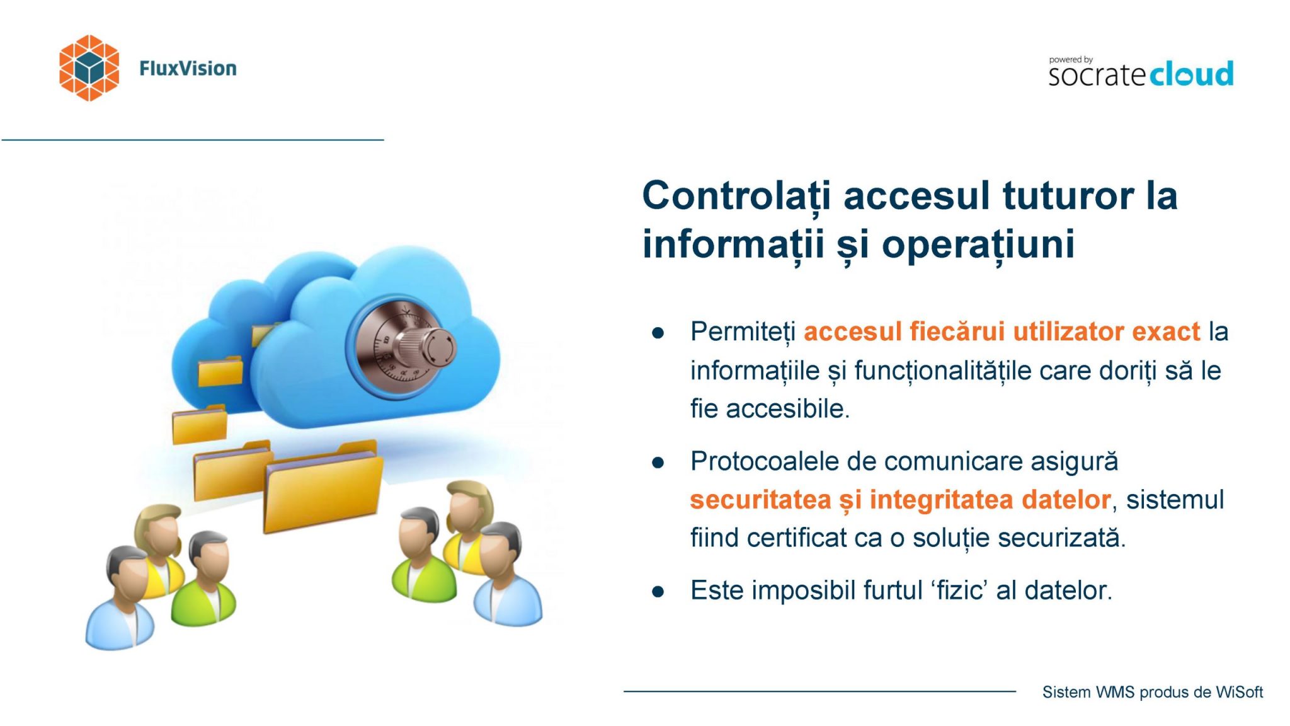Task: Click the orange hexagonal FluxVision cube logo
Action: tap(89, 67)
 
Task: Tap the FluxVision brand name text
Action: tap(188, 68)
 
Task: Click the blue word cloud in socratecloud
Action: tap(1191, 74)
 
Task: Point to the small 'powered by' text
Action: tap(1071, 60)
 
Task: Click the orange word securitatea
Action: tap(760, 500)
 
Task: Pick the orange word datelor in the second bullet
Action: tap(1066, 500)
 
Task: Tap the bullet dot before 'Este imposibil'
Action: tap(658, 592)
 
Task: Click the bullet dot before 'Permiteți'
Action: tap(658, 333)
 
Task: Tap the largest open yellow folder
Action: tap(322, 486)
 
